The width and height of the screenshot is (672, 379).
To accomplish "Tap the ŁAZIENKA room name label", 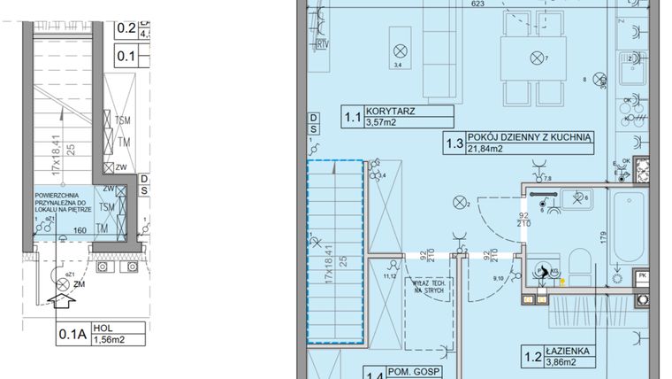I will (571, 352).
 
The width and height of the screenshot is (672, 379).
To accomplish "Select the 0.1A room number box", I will (71, 335).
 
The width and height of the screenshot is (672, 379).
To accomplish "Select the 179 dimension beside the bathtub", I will (603, 237).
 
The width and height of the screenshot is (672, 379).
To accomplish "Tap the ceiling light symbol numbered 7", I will (535, 59).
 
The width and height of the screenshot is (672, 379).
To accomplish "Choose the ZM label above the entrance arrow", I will (80, 285).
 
